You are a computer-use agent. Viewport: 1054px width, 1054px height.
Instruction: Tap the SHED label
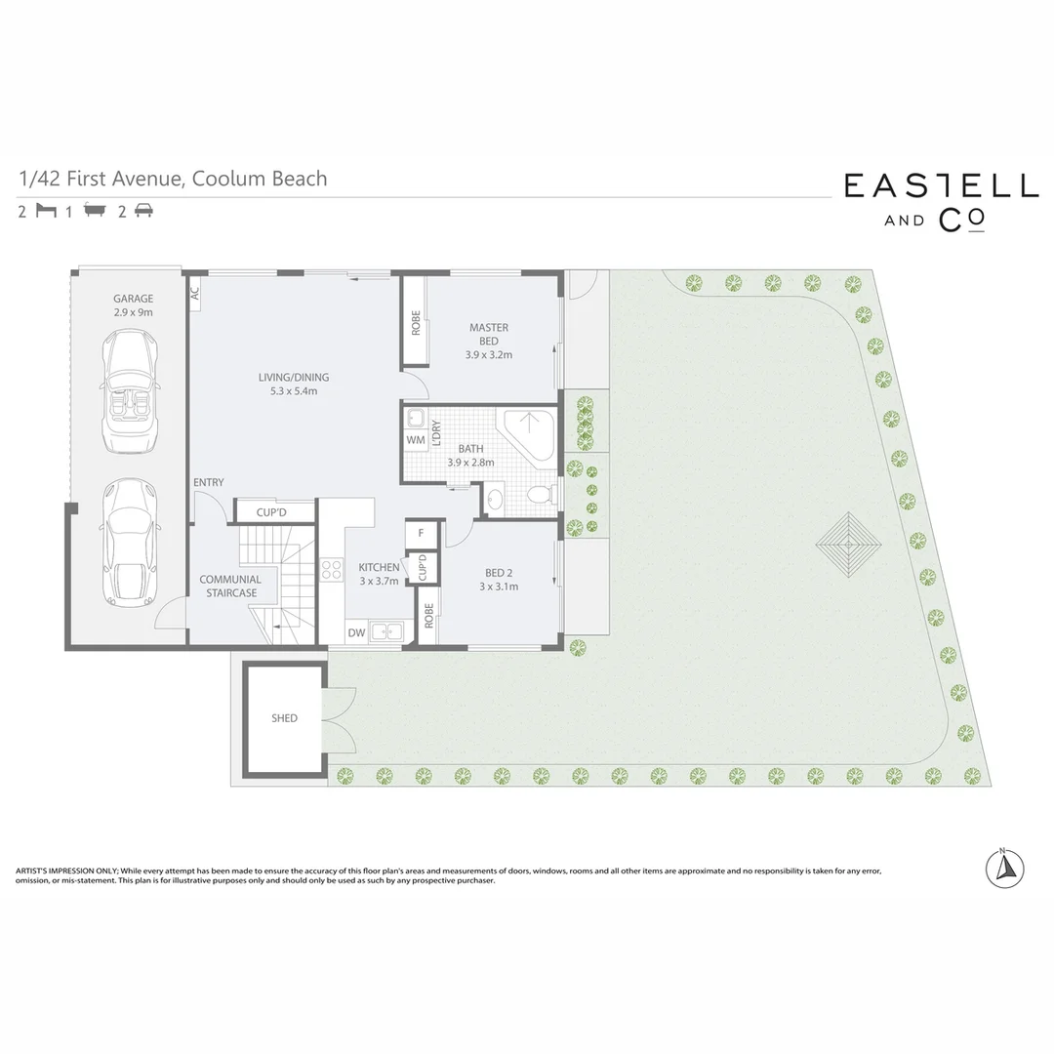284,718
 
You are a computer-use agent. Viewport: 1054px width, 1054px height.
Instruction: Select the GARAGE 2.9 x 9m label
133,305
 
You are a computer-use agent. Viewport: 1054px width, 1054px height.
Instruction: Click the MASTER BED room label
488,341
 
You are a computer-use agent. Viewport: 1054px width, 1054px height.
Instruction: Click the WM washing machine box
414,441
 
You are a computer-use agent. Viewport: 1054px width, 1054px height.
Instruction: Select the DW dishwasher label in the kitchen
357,632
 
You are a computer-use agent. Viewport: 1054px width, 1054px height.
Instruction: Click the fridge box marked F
421,533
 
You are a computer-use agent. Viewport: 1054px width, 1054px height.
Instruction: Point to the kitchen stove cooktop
332,568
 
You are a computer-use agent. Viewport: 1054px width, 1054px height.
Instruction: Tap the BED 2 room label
498,580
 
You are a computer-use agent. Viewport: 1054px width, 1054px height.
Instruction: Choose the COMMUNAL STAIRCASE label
230,586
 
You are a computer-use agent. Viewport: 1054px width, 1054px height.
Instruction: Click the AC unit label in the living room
195,291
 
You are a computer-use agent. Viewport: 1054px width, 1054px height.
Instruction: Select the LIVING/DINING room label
294,384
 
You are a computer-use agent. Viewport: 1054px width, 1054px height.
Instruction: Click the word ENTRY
208,482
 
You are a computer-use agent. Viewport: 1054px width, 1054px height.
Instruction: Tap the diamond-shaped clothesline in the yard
848,540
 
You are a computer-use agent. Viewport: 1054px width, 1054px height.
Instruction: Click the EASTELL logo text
941,186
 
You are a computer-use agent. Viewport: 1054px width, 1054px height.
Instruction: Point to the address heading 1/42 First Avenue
173,179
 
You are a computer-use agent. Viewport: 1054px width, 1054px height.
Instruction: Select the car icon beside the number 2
142,211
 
